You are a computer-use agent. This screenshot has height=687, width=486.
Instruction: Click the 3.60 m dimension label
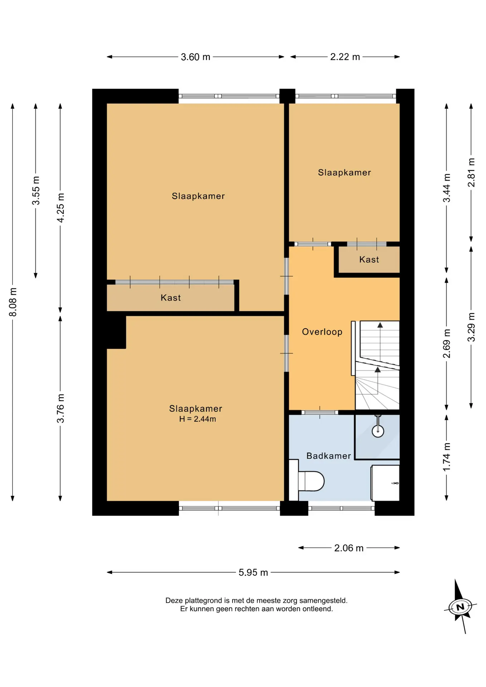tap(195, 57)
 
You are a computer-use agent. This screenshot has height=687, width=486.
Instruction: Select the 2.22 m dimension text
tap(345, 57)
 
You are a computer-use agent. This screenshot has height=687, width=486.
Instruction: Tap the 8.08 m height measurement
tap(13, 302)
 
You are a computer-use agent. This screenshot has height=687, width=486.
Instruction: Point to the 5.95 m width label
tap(253, 572)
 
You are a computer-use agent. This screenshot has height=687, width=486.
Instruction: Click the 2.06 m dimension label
tap(349, 548)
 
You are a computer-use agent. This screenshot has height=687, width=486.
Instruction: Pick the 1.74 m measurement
tap(447, 457)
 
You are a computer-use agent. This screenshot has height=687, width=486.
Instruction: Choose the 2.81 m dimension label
tap(471, 172)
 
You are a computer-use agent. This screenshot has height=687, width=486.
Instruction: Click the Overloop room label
tap(322, 332)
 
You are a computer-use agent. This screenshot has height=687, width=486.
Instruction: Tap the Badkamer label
tap(329, 456)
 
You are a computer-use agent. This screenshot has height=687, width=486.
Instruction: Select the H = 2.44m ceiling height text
tap(198, 419)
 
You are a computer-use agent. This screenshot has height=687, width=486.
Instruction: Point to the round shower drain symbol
tap(378, 431)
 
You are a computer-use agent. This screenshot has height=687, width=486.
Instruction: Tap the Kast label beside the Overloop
tap(369, 260)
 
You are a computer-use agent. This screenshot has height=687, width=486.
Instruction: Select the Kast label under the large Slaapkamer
tap(171, 298)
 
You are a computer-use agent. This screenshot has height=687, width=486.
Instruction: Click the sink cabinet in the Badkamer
tap(385, 483)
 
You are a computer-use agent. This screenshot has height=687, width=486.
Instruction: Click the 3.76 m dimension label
tap(60, 408)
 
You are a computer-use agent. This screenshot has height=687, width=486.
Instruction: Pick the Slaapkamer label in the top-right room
tap(344, 172)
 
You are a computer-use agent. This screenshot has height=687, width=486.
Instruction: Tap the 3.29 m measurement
tap(471, 327)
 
